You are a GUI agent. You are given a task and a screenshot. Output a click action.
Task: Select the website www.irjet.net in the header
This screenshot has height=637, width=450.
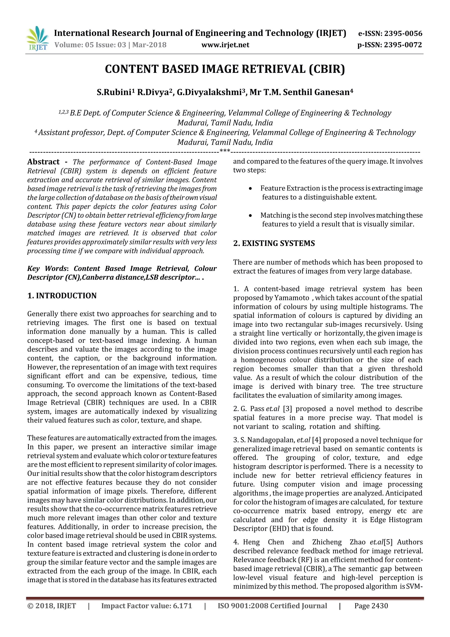(225, 45)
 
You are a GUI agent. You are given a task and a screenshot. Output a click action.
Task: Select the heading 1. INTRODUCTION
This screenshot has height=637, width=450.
(62, 296)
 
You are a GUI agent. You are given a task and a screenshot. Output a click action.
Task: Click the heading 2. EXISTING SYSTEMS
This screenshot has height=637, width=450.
(274, 243)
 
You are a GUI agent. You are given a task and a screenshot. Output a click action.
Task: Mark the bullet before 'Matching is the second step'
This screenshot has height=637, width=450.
(250, 216)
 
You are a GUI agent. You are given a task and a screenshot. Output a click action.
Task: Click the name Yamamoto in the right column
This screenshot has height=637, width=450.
(292, 298)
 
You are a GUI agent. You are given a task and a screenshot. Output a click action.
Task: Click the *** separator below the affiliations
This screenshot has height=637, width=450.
(225, 151)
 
